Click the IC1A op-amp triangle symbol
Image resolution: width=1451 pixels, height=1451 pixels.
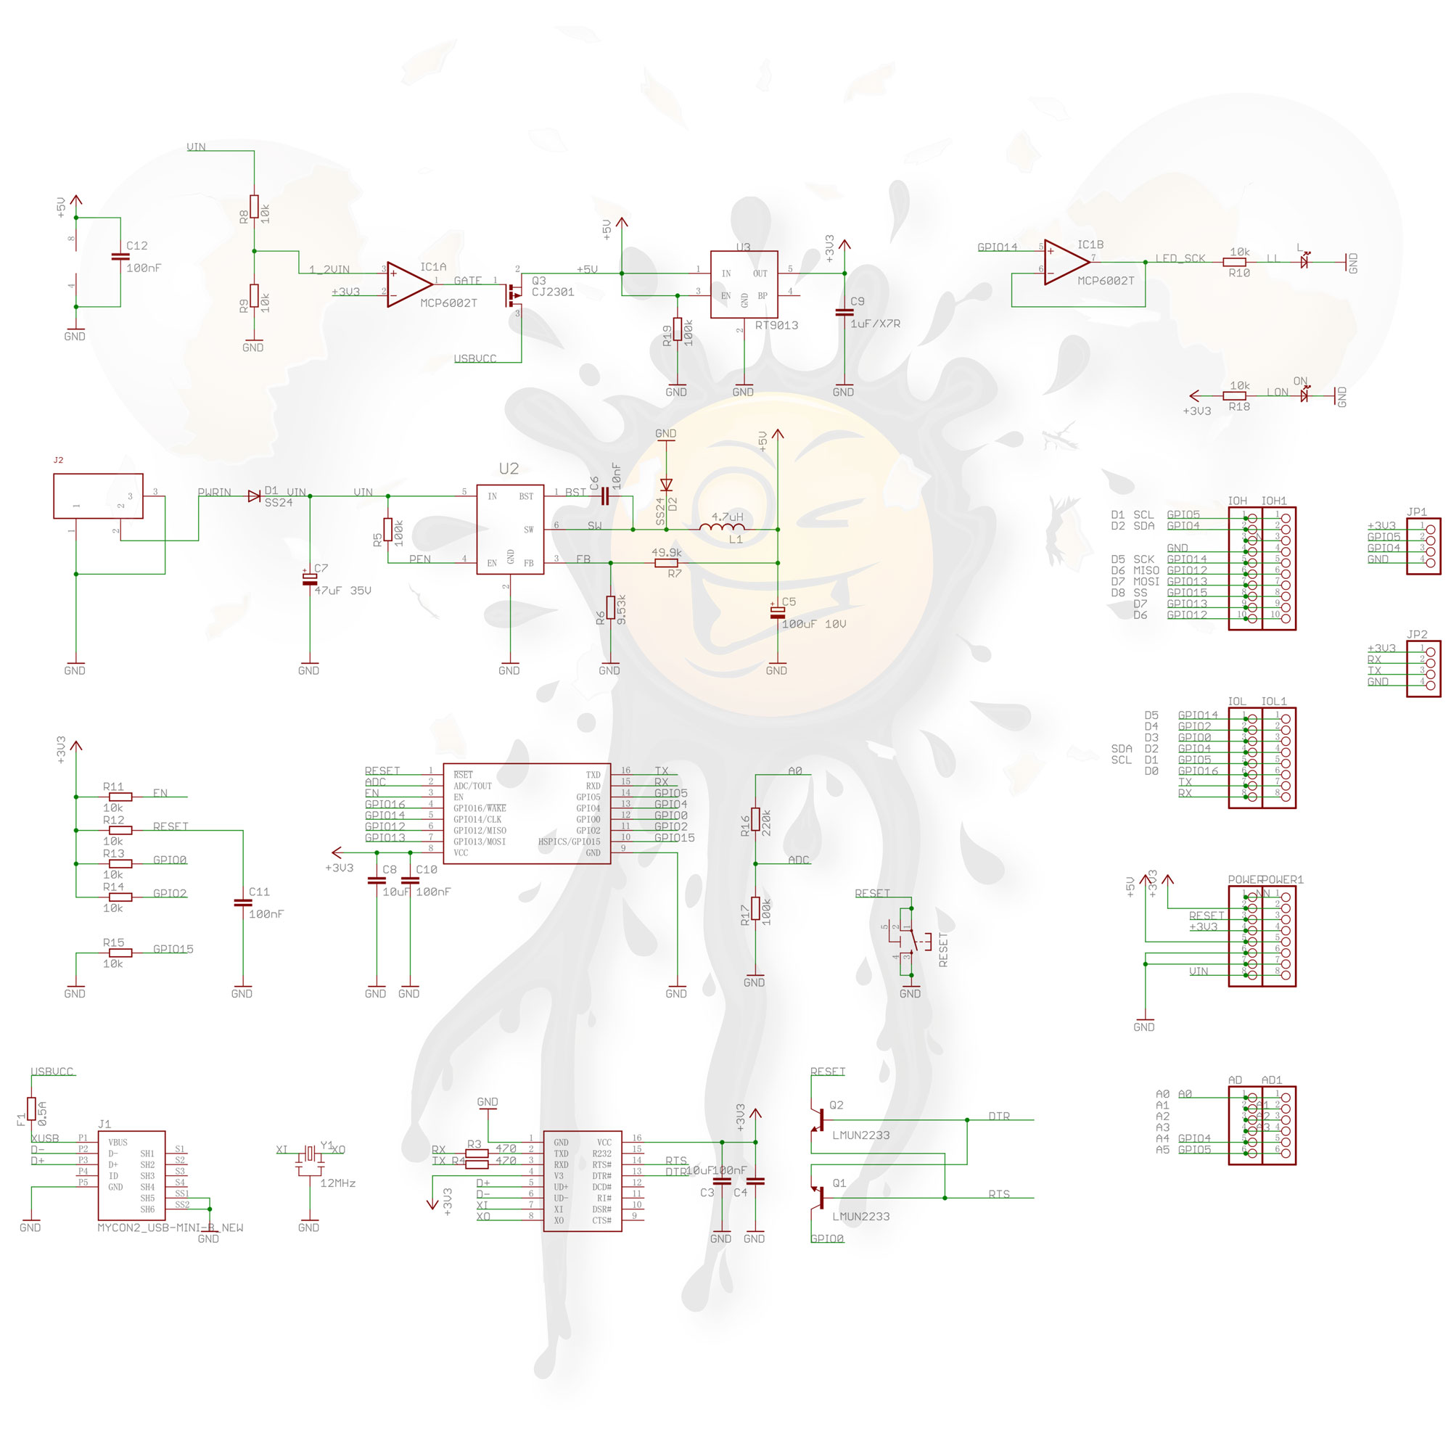click(408, 284)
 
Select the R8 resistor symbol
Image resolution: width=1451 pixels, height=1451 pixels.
click(255, 206)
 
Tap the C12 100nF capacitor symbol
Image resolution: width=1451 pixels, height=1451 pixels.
click(120, 257)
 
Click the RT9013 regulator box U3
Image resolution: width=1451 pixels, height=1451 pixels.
click(744, 284)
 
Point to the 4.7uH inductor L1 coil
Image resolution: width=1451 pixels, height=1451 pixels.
click(721, 528)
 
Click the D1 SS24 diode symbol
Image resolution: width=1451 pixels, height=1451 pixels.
click(254, 496)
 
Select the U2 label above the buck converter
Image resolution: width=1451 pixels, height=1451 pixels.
click(509, 469)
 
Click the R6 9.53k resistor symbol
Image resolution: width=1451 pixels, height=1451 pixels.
click(611, 607)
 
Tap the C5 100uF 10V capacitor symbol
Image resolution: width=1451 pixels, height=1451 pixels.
click(777, 612)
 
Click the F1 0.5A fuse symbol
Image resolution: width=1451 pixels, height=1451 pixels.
click(31, 1109)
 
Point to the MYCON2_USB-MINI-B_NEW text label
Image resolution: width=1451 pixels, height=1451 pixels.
click(170, 1228)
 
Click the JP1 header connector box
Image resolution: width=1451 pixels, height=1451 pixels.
click(1423, 546)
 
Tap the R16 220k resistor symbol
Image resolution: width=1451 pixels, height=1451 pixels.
click(755, 819)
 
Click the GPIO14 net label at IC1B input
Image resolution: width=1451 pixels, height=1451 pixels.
click(998, 247)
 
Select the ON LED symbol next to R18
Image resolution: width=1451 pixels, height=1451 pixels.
click(1304, 393)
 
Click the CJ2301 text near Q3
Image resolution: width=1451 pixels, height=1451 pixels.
click(553, 292)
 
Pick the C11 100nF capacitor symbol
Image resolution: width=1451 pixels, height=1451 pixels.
click(242, 903)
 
